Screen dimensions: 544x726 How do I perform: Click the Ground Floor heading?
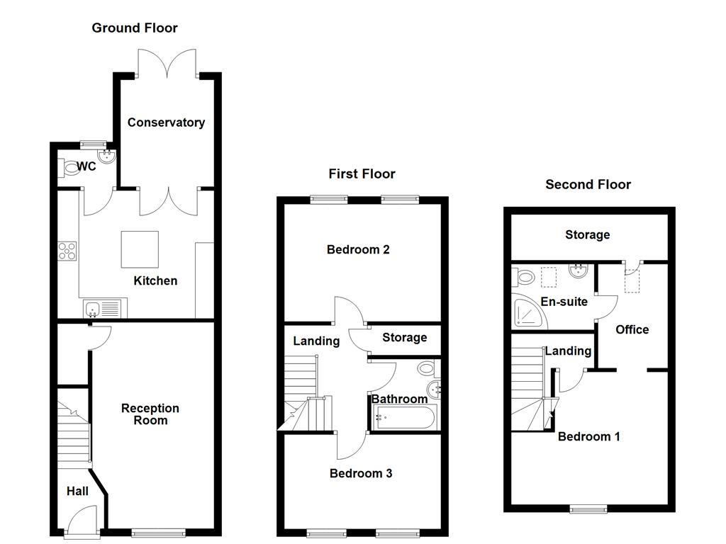135,28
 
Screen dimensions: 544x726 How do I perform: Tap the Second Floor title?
588,185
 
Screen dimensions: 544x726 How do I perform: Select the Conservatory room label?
166,123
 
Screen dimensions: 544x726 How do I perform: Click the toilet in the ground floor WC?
69,168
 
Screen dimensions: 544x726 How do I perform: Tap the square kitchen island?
139,249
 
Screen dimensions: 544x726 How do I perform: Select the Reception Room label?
150,414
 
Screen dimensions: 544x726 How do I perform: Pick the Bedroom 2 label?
358,249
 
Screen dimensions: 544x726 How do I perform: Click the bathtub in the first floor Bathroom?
401,418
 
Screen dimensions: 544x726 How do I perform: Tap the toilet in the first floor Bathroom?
427,368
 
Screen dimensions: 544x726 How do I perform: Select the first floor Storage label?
404,338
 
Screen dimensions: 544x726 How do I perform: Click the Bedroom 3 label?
361,473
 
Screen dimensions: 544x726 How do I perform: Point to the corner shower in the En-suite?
528,312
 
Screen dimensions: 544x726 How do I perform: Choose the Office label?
632,329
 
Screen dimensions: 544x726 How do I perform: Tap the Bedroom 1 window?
589,507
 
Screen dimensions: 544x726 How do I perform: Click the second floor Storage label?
587,234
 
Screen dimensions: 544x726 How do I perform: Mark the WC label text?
86,167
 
